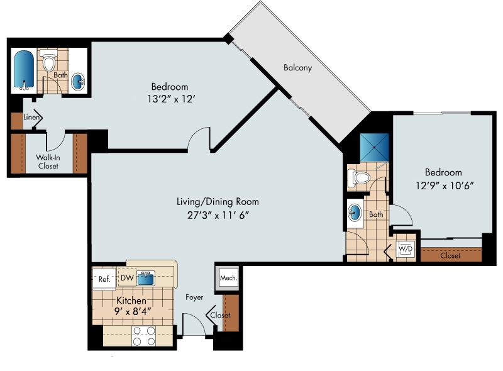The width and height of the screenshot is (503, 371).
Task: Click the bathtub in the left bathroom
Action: click(23, 70)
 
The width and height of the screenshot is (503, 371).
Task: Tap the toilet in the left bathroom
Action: click(48, 62)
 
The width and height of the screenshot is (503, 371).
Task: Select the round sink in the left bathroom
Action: click(79, 81)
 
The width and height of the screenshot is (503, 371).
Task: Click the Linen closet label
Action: click(32, 118)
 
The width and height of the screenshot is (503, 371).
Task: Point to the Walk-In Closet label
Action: click(48, 162)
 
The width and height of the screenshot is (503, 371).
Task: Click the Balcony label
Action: click(297, 68)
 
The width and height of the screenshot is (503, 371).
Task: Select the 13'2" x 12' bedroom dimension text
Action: click(169, 98)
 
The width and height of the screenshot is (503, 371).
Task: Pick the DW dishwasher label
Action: click(126, 277)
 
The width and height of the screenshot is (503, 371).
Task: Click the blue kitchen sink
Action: click(146, 277)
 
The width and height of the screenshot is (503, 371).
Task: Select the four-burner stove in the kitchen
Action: click(143, 336)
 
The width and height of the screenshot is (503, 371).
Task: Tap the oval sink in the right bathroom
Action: click(355, 213)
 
